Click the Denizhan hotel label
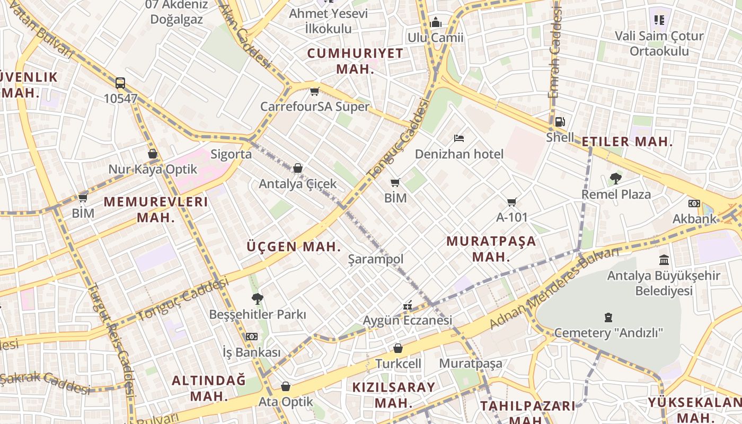(459, 154)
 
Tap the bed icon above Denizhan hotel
(459, 139)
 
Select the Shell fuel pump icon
(560, 122)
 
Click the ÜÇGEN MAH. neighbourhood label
(294, 246)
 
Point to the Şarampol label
(375, 259)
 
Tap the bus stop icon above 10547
(120, 83)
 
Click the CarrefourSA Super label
(314, 107)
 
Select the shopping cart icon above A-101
(511, 202)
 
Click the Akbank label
(694, 219)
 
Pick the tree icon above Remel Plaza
(615, 179)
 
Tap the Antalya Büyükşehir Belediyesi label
(664, 283)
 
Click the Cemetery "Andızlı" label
(608, 333)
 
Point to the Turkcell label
(398, 364)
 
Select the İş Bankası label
(251, 352)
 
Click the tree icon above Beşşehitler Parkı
(258, 299)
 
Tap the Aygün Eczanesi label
(407, 320)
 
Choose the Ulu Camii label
(435, 38)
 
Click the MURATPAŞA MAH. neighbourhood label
(491, 249)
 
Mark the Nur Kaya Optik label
(153, 170)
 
